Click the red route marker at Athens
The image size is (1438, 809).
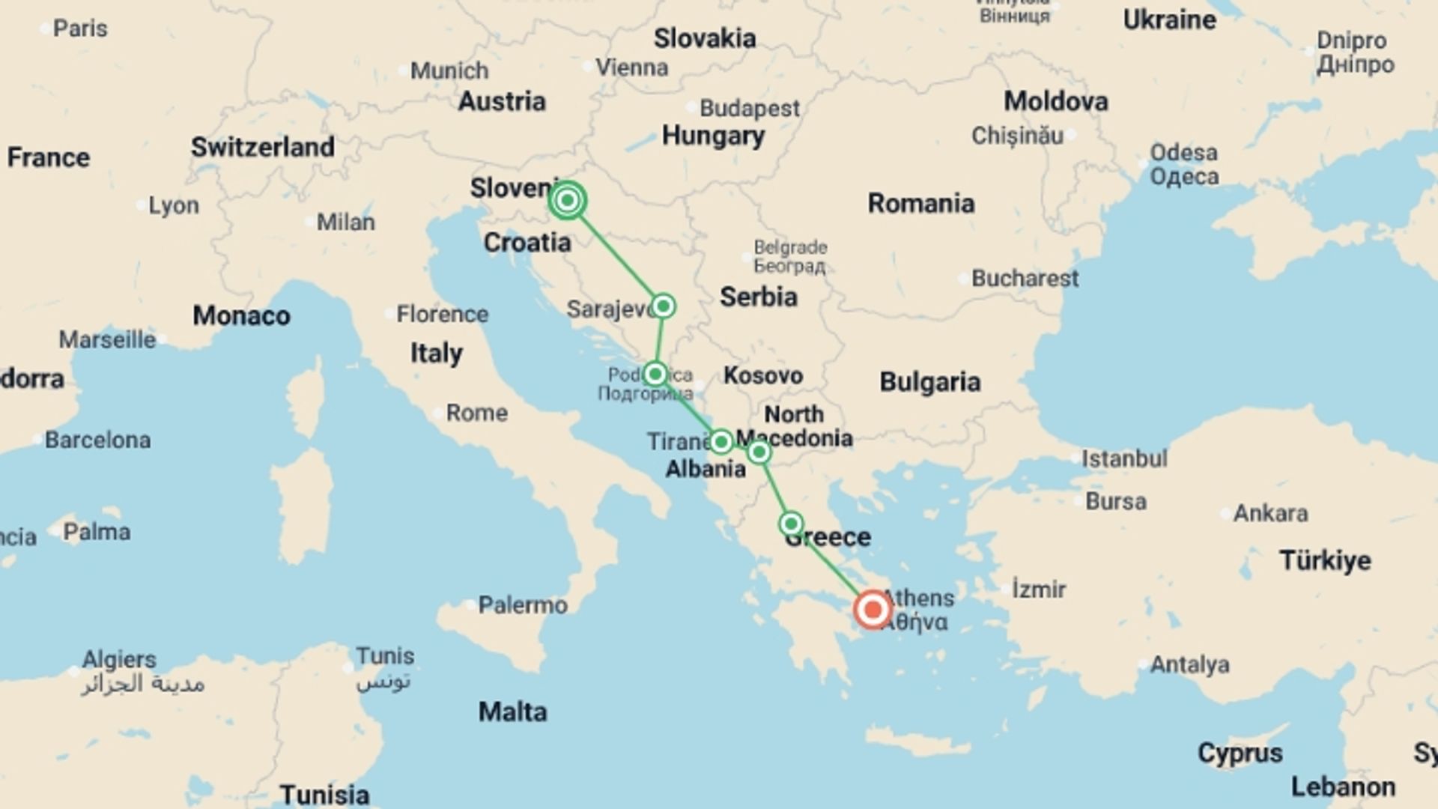tap(873, 610)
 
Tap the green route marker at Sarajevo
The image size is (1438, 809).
tap(663, 306)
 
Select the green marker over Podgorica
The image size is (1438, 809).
tap(655, 374)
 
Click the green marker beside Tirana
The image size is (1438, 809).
tap(720, 442)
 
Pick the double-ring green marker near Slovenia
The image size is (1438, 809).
tap(568, 201)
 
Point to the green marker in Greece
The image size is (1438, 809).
tap(791, 524)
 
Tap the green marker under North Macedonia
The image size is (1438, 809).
tap(759, 452)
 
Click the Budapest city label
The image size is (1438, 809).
tap(749, 109)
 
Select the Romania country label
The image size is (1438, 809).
tap(920, 203)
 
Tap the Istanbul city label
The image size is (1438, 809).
tap(1123, 458)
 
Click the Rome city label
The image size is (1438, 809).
tap(476, 413)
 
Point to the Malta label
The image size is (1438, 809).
tap(512, 712)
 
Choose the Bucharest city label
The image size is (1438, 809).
tap(1025, 279)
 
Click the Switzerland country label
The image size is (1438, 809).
tap(262, 147)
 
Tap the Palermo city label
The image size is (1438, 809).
tap(522, 605)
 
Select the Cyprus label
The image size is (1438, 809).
tap(1240, 753)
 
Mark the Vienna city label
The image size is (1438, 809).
tap(631, 67)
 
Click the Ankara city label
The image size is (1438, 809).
tap(1270, 513)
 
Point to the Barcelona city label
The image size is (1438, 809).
tap(97, 440)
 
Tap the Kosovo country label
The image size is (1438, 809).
tap(762, 375)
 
